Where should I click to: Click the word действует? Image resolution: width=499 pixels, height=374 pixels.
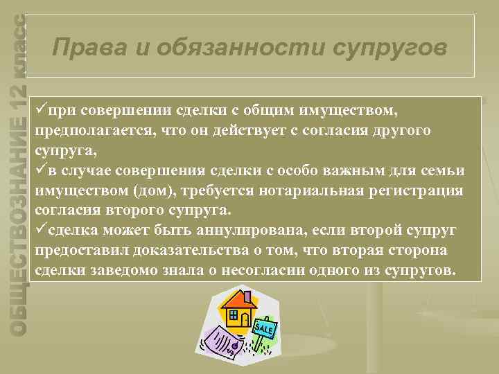point(233,132)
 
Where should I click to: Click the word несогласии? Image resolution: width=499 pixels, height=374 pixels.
point(260,268)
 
